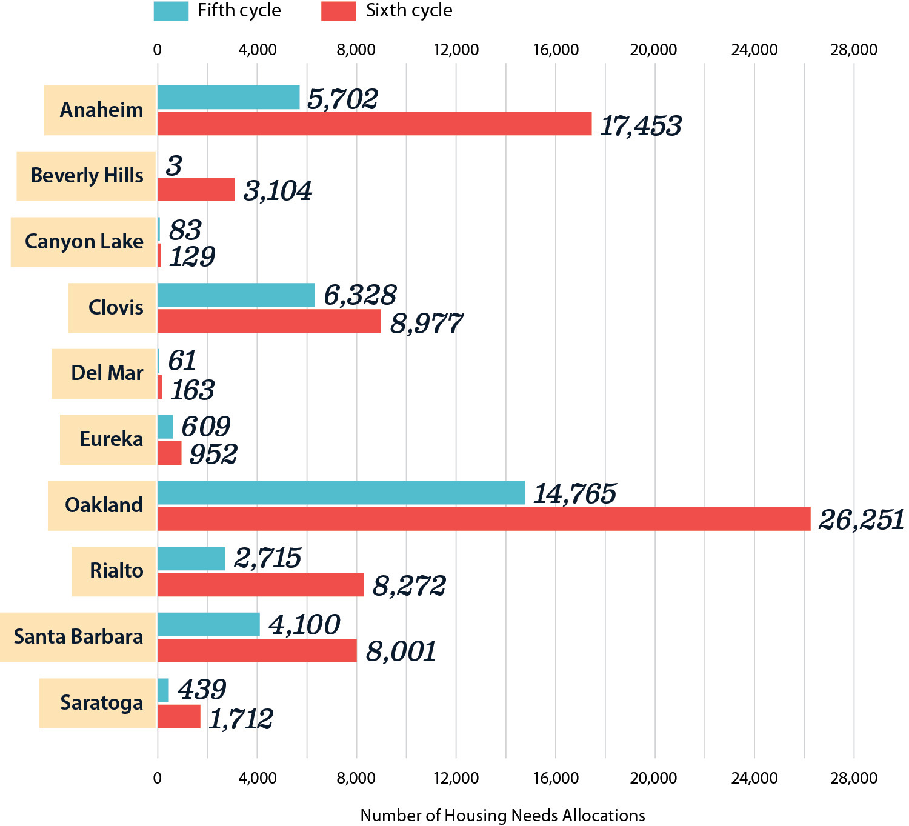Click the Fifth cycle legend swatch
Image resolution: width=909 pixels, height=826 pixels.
tap(171, 11)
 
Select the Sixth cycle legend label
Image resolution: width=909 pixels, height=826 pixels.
tap(408, 11)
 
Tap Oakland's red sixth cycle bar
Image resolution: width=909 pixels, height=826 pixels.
tap(484, 519)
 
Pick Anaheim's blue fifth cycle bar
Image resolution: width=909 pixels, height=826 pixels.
tap(228, 98)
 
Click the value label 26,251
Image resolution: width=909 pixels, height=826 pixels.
tap(861, 520)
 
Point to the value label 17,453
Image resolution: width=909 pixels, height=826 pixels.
tap(641, 126)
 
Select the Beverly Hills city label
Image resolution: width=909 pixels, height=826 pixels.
tap(87, 176)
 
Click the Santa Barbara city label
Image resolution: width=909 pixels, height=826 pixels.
tap(78, 637)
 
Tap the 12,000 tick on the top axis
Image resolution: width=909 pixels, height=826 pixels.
tap(456, 50)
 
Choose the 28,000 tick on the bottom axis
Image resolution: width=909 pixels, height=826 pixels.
tap(853, 778)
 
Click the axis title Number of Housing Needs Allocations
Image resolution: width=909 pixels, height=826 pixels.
tap(502, 816)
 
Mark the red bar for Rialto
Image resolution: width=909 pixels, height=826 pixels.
tap(261, 585)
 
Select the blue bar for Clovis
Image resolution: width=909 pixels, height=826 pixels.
tap(236, 295)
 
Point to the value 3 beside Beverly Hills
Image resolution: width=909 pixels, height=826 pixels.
tap(174, 165)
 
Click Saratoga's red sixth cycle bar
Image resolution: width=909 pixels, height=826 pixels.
tap(179, 716)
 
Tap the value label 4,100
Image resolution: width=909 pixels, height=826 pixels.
tap(304, 625)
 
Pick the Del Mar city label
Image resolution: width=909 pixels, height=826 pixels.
tap(107, 373)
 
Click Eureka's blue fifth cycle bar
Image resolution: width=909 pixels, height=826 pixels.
tap(165, 427)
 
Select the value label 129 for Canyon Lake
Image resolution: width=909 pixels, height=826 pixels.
tap(191, 257)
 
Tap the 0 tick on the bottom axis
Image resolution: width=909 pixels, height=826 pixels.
tap(158, 778)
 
